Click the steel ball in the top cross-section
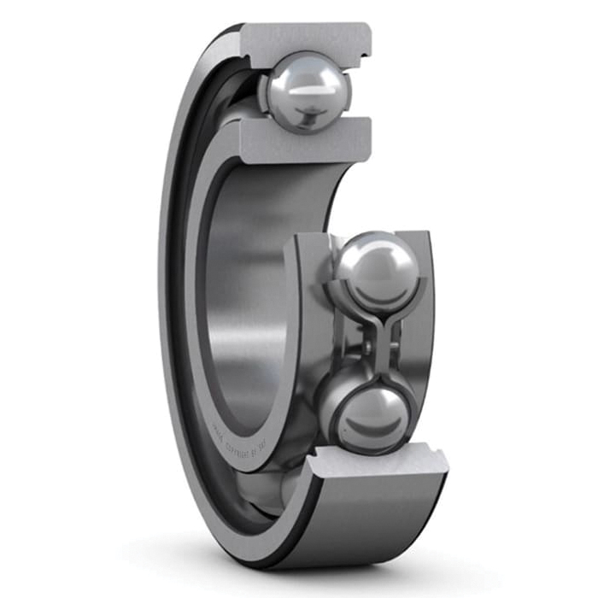coord(305,90)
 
